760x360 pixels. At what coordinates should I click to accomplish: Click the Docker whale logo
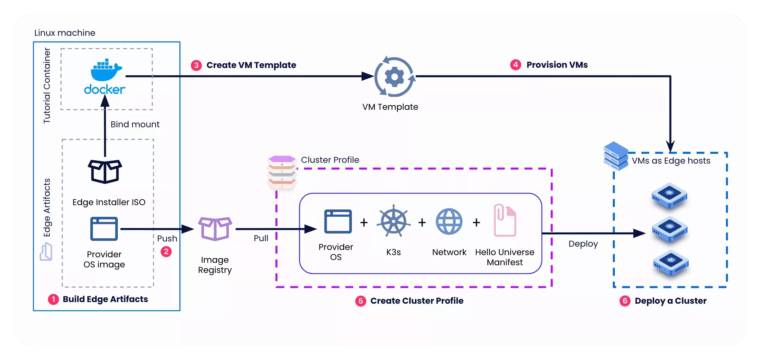105,71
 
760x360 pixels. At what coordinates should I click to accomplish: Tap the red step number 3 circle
196,65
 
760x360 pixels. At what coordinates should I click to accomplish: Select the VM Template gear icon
394,77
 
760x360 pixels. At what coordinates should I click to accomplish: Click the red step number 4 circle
515,64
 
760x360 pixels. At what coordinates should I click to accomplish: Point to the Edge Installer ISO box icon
105,171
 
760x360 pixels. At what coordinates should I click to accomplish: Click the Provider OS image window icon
104,229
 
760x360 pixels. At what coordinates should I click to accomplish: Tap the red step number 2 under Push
166,252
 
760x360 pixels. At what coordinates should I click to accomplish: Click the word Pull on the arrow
261,238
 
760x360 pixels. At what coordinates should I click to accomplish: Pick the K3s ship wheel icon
393,221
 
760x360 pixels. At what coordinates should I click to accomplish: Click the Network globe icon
449,222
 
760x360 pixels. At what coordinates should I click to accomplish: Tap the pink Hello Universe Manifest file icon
505,220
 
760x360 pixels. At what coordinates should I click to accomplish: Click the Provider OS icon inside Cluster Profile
338,222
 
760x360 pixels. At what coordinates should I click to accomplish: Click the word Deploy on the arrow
583,244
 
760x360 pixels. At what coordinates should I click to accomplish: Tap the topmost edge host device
670,196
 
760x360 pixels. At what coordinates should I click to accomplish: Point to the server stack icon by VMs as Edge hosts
615,156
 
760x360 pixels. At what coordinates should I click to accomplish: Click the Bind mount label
135,125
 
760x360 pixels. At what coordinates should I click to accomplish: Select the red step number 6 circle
625,301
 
